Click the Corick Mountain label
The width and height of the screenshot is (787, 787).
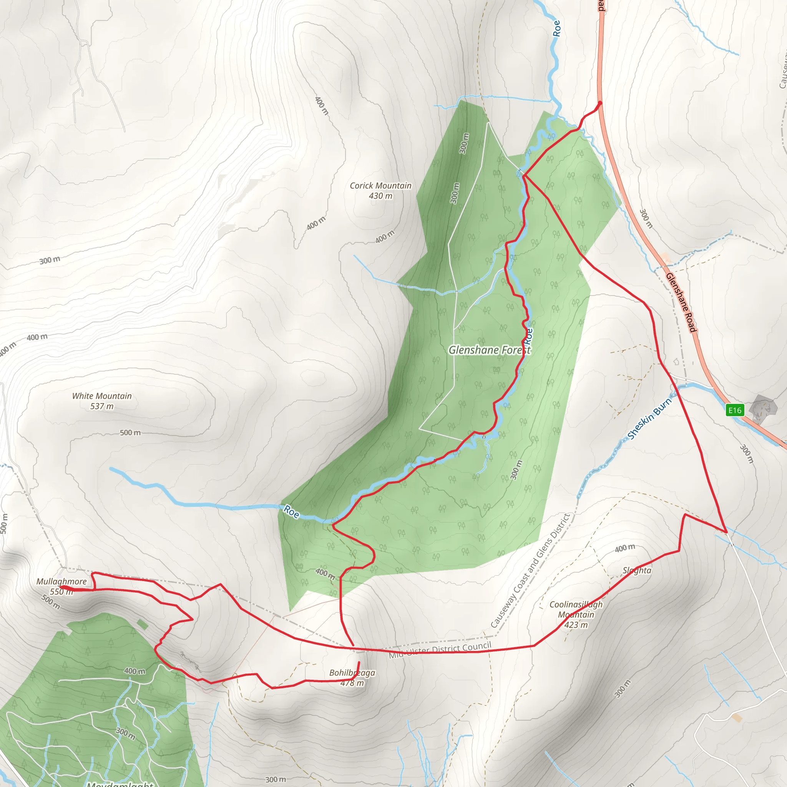coord(380,186)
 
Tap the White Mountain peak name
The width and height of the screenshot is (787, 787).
coord(102,396)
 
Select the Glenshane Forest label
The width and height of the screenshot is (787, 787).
coord(489,350)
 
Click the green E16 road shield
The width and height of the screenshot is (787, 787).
coord(735,410)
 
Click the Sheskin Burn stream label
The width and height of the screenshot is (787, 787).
coord(649,419)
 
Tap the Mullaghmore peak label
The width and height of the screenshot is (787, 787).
coord(61,582)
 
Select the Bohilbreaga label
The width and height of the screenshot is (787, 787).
coord(352,672)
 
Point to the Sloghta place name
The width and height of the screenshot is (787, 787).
coord(637,571)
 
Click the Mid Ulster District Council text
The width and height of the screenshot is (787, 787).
coord(440,650)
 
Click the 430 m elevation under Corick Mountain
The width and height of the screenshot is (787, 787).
coord(380,196)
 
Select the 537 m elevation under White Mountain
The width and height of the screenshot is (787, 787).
coord(102,406)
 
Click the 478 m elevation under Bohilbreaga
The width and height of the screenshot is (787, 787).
coord(352,683)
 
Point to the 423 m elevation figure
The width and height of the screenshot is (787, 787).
coord(576,625)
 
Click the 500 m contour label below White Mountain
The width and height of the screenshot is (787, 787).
coord(130,433)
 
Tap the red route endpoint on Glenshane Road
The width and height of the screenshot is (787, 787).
coord(599,103)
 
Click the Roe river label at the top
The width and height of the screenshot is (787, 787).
coord(556,28)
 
